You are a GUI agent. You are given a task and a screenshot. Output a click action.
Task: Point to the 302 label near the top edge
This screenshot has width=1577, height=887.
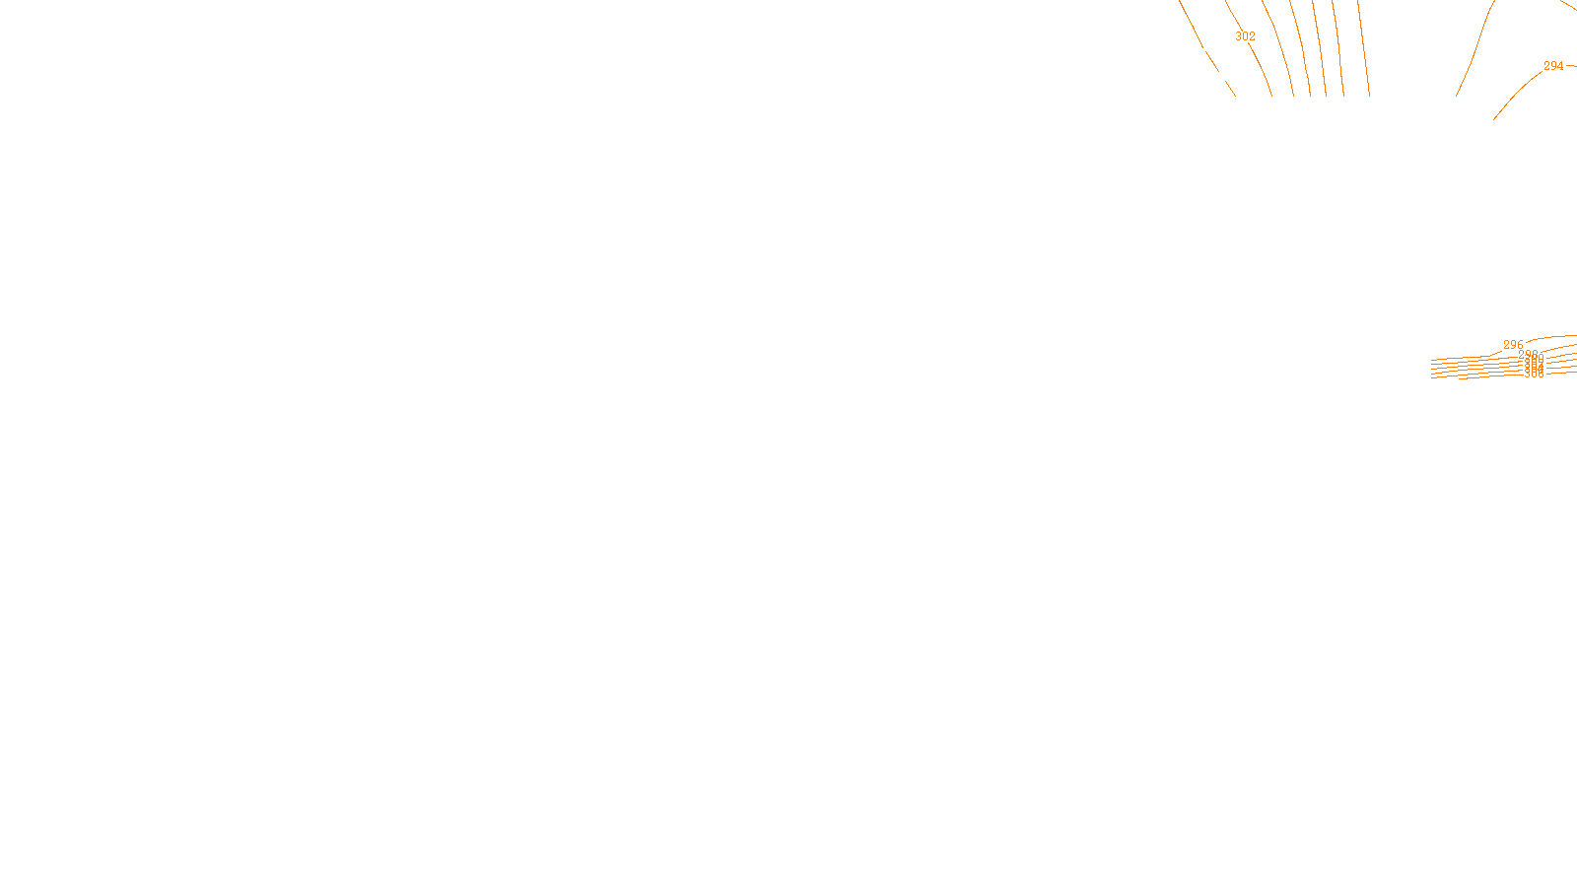[x=1245, y=36]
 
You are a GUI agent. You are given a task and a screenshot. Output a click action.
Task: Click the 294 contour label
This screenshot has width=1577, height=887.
[x=1553, y=66]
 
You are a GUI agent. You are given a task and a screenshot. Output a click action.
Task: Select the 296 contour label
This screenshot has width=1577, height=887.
[x=1513, y=345]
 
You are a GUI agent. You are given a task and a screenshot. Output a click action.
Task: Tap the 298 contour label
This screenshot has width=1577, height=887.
[x=1528, y=354]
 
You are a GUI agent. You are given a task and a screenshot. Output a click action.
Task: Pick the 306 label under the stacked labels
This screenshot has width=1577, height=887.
[x=1534, y=375]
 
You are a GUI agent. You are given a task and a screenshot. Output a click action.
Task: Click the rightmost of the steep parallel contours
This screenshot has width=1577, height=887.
[x=1364, y=49]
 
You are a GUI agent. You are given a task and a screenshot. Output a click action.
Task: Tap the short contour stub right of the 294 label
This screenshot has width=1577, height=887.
[x=1571, y=65]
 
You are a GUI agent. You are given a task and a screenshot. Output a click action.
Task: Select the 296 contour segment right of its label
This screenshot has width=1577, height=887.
[x=1552, y=337]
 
